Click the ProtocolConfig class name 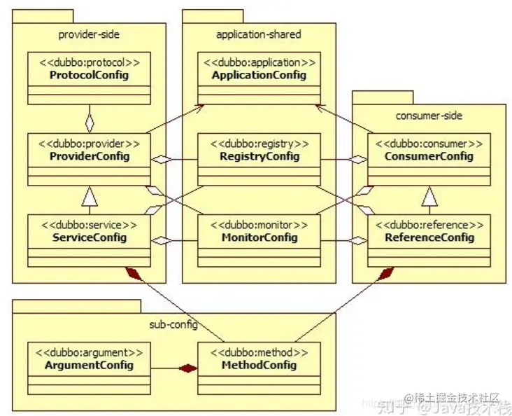click(89, 75)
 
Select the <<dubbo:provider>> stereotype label click(89, 144)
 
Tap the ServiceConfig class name click(89, 237)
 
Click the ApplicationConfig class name click(259, 75)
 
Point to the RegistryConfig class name click(259, 156)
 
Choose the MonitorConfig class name click(259, 237)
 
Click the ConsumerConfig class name click(429, 156)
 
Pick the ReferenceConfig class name click(429, 237)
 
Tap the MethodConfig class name click(259, 365)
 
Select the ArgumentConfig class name click(89, 365)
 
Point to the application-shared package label click(258, 34)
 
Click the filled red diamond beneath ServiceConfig click(134, 273)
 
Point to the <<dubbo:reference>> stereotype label click(429, 225)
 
